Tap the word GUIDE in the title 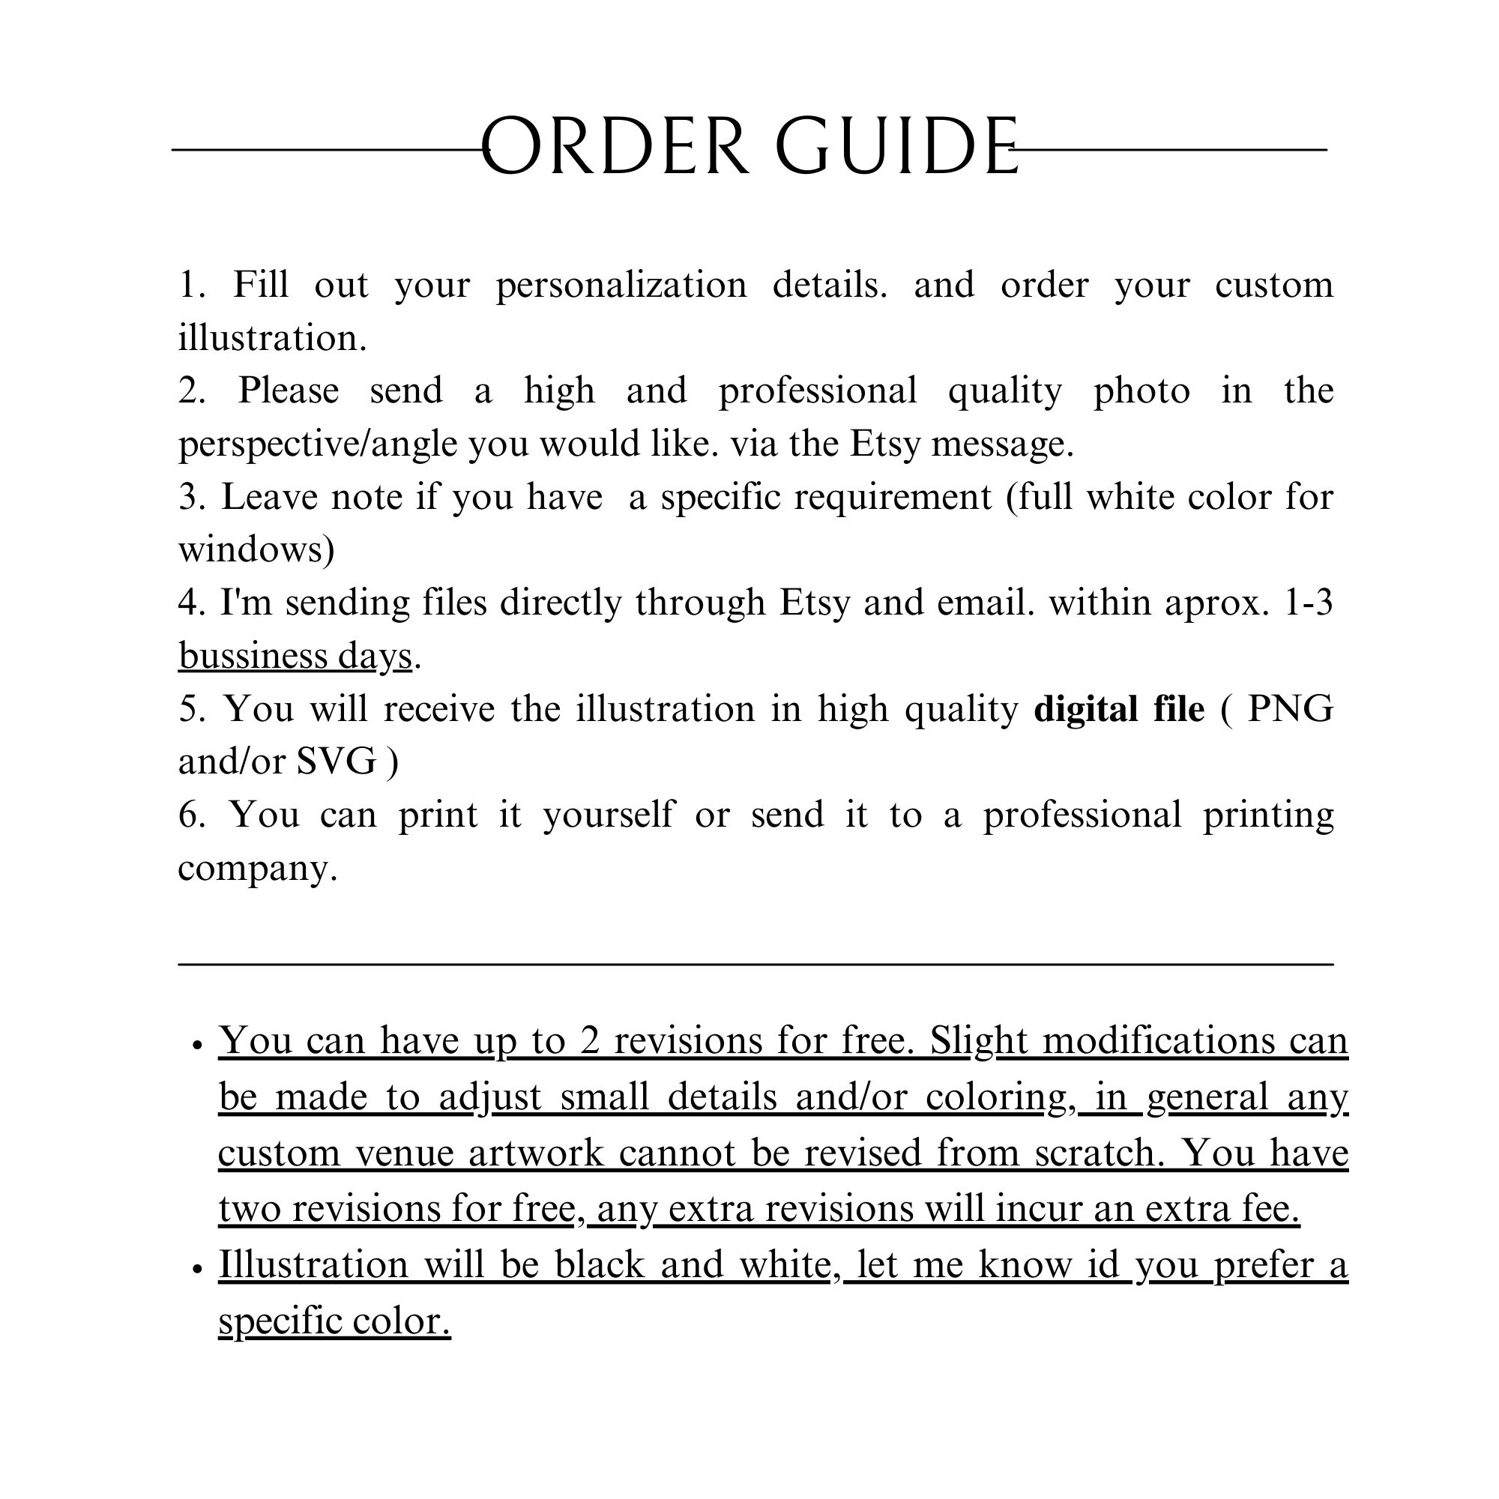[x=897, y=147]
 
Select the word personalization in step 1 [x=621, y=285]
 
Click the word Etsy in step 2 [x=884, y=444]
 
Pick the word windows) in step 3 [x=256, y=549]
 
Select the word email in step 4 [x=984, y=603]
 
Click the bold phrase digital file [x=1119, y=709]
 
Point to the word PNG [x=1289, y=709]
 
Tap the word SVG [x=337, y=762]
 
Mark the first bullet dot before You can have [x=197, y=1045]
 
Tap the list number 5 [x=189, y=709]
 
